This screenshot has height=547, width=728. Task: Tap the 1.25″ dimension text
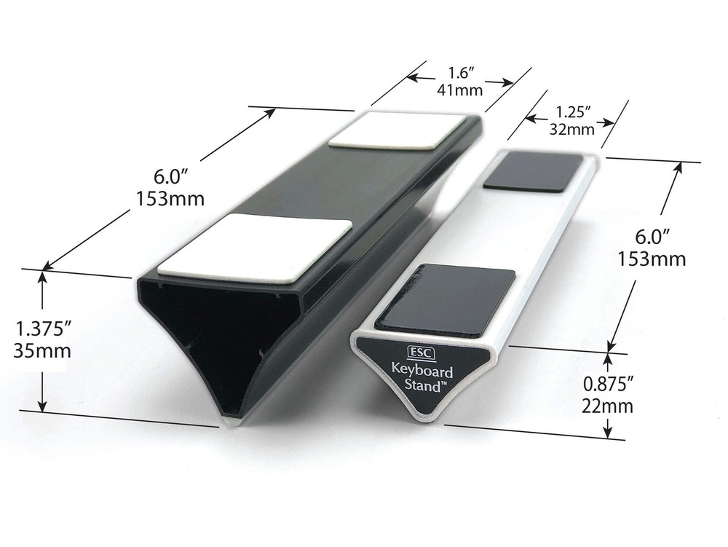click(x=572, y=112)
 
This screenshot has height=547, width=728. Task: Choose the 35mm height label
click(x=42, y=350)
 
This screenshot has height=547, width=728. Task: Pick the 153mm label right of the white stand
click(x=652, y=258)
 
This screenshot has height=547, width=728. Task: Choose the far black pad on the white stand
click(x=534, y=173)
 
